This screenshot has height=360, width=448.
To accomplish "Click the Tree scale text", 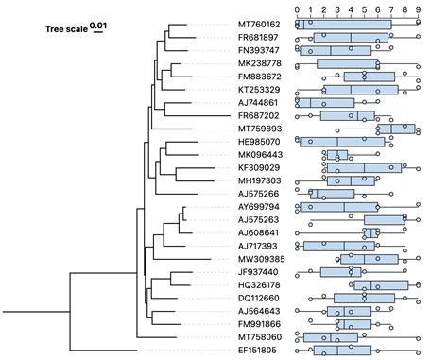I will click(x=65, y=29).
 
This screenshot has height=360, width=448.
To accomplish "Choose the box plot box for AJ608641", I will click(x=371, y=232).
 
